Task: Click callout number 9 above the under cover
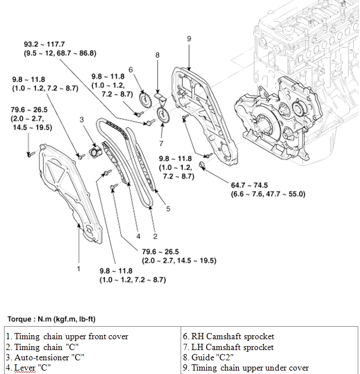tap(189, 39)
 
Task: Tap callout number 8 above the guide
tap(157, 55)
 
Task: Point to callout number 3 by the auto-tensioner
tap(82, 120)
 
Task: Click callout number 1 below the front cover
tap(79, 268)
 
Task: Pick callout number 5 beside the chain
tap(168, 209)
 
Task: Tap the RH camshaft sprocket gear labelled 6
tap(145, 103)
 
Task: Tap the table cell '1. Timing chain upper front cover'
tap(67, 336)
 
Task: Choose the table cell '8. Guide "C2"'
tap(208, 357)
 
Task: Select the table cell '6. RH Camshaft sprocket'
tap(229, 336)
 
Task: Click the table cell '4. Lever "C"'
tap(28, 368)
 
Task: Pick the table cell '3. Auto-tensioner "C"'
tap(45, 357)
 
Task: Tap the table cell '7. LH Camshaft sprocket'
tap(228, 347)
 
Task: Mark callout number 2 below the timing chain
tap(155, 237)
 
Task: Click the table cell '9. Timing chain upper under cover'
tap(246, 368)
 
